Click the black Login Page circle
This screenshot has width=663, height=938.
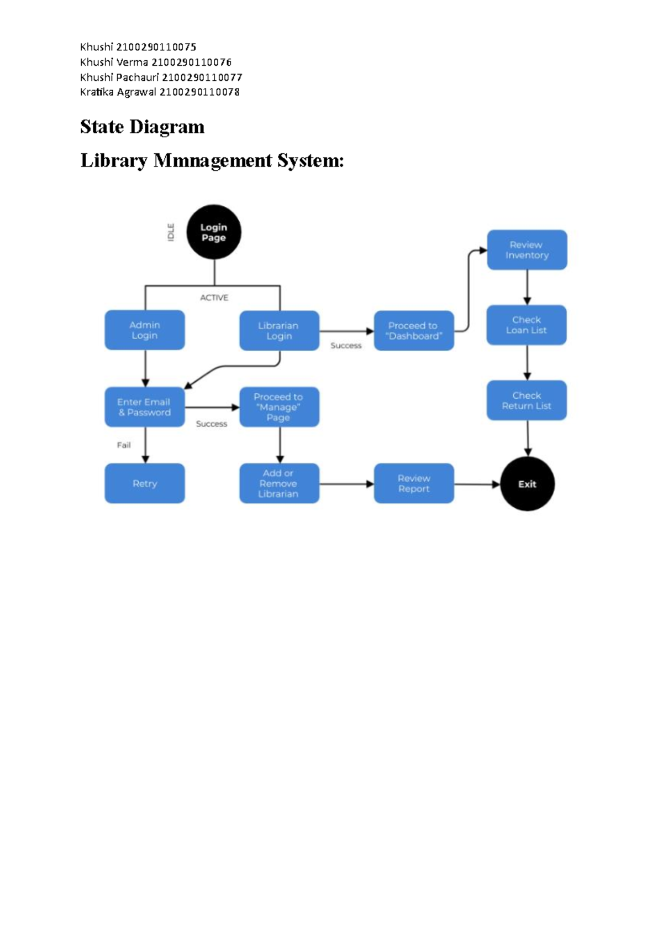214,232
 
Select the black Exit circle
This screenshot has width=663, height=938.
527,484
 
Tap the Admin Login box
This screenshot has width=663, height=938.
145,330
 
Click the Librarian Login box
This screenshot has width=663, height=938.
279,331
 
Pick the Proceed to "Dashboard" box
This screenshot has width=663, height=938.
414,331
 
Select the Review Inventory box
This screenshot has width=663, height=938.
527,250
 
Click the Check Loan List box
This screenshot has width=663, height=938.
527,325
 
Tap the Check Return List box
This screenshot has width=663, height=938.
527,400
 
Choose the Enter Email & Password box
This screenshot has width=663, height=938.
145,407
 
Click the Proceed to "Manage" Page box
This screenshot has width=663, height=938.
279,407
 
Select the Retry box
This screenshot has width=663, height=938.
145,483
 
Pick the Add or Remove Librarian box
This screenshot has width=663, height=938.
279,483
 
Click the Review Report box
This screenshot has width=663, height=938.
414,483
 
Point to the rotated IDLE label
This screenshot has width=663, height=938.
171,232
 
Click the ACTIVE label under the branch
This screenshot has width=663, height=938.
214,298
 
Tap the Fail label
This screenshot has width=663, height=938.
124,445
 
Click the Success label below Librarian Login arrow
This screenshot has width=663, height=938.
346,346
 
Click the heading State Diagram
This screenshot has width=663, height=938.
142,127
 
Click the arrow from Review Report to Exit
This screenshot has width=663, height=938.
476,484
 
